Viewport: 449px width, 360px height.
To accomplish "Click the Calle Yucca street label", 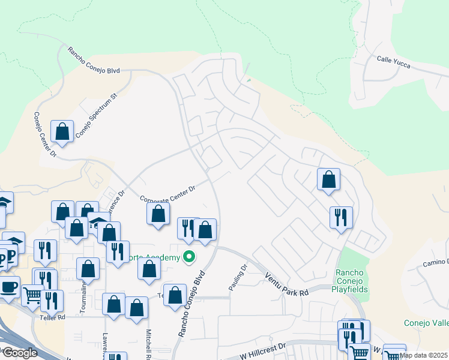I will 393,62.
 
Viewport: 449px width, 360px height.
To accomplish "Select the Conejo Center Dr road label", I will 44,134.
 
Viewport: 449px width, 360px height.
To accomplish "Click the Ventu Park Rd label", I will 286,284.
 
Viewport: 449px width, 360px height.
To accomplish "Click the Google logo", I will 19,353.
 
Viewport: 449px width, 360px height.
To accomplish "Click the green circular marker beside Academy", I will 190,258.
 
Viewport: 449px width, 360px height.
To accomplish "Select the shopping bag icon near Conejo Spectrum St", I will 62,131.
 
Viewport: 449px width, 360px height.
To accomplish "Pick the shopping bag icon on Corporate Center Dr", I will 158,214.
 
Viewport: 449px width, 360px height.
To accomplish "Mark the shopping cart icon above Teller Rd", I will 32,294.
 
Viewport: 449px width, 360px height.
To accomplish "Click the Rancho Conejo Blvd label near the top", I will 93,61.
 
